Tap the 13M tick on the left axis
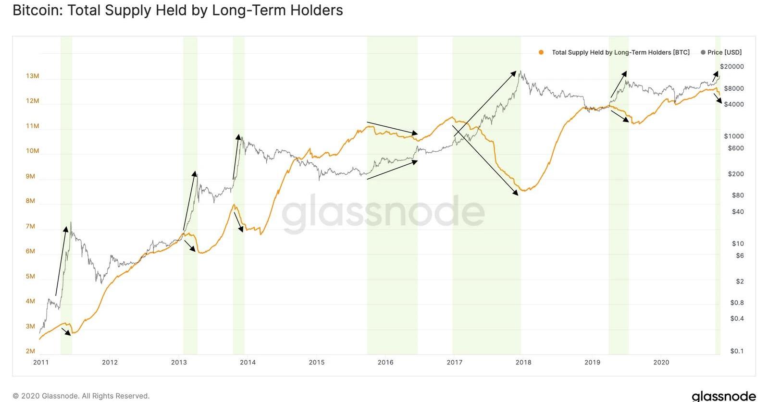pyautogui.click(x=33, y=76)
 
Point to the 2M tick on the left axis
pyautogui.click(x=30, y=351)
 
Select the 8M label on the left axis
pyautogui.click(x=30, y=201)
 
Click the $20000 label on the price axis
pyautogui.click(x=732, y=67)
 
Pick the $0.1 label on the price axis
pyautogui.click(x=737, y=351)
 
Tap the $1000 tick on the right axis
pyautogui.click(x=734, y=136)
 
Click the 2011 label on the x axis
pyautogui.click(x=41, y=362)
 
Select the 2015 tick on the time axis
pyautogui.click(x=317, y=362)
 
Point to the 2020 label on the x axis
pyautogui.click(x=661, y=362)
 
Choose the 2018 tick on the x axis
pyautogui.click(x=523, y=362)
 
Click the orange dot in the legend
pyautogui.click(x=541, y=52)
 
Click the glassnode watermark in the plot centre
pyautogui.click(x=383, y=213)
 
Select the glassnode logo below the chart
pyautogui.click(x=723, y=396)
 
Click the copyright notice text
pyautogui.click(x=81, y=396)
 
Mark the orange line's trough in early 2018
pyautogui.click(x=524, y=191)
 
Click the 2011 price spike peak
pyautogui.click(x=71, y=222)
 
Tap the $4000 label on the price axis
pyautogui.click(x=734, y=104)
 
